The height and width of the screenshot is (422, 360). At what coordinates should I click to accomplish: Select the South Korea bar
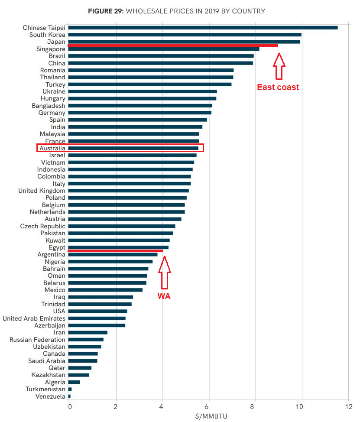tap(185, 35)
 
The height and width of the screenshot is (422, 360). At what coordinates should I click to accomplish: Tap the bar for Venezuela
tap(69, 396)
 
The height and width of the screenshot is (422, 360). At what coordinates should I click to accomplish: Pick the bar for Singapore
tap(164, 49)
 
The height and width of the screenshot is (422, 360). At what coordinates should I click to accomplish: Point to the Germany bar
tap(139, 113)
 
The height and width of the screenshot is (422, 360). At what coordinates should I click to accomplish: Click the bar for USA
tap(97, 311)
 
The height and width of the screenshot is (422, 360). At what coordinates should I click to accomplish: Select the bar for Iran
tap(88, 332)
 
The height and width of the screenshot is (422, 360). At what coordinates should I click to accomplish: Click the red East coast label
tap(278, 87)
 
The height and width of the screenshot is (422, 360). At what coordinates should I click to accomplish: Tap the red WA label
tap(164, 297)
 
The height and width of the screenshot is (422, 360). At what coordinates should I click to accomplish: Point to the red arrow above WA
tap(164, 273)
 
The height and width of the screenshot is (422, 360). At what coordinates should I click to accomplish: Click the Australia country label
tap(52, 148)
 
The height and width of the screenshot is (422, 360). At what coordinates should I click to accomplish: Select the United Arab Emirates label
tap(34, 318)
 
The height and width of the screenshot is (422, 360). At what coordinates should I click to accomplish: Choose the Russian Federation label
tap(37, 340)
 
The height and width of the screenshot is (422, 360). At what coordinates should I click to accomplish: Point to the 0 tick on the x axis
tap(69, 407)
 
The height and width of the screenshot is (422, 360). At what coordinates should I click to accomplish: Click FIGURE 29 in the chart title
tap(106, 11)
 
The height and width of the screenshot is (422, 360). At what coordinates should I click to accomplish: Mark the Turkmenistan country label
tap(45, 390)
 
